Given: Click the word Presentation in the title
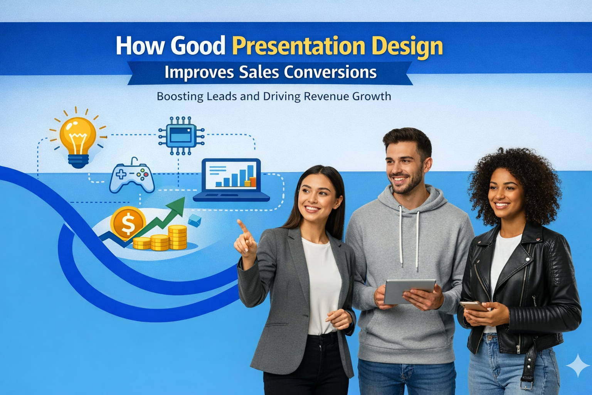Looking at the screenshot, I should pos(298,47).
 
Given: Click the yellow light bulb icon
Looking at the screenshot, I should pos(78,139).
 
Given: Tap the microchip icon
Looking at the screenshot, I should pos(181,136).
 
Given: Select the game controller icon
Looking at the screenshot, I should pos(132,177).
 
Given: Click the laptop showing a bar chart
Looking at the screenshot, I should pos(231,179).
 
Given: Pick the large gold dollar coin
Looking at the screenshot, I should pos(128,223).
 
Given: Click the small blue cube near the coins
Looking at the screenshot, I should pos(195,221).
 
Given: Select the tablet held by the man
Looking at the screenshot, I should pos(409,290).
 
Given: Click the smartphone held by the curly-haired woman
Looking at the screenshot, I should pos(474,306).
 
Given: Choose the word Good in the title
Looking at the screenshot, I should pos(198,47).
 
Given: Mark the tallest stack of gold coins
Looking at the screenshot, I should pos(177,237).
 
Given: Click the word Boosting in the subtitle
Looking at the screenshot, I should pos(180,96).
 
